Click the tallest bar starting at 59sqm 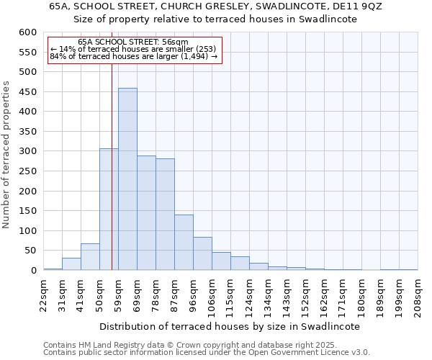(x=127, y=179)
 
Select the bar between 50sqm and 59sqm (x=109, y=210)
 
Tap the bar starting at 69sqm (x=146, y=213)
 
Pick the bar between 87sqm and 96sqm (x=184, y=243)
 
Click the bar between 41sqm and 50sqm (x=90, y=257)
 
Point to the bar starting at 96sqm (x=202, y=254)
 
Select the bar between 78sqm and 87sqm (x=165, y=215)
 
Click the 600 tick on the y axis (x=27, y=32)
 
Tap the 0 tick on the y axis (x=33, y=271)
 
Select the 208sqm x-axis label (x=418, y=295)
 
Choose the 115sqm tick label (x=230, y=295)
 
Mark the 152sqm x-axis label (x=305, y=295)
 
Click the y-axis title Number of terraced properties (x=6, y=155)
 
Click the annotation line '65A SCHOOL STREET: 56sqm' (x=133, y=42)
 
